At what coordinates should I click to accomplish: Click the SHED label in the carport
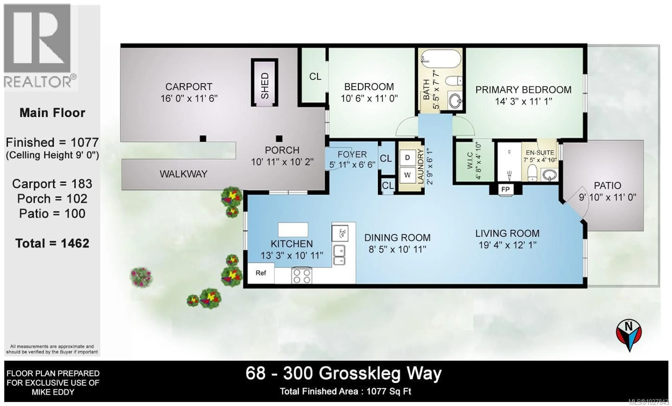coord(265,85)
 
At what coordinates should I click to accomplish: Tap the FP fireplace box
coord(505,189)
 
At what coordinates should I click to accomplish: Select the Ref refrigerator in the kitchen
coord(261,273)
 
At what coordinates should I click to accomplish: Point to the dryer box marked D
coord(407,158)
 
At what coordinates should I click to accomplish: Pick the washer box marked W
coord(407,175)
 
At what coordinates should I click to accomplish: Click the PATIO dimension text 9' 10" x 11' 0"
coord(607,197)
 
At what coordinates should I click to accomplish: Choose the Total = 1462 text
coord(52,243)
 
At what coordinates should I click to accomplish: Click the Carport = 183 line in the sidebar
coord(52,184)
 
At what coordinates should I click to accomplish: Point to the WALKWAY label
coord(184,174)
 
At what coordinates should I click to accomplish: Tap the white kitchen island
coord(293,229)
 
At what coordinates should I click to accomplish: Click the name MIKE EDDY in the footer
coord(53,392)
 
